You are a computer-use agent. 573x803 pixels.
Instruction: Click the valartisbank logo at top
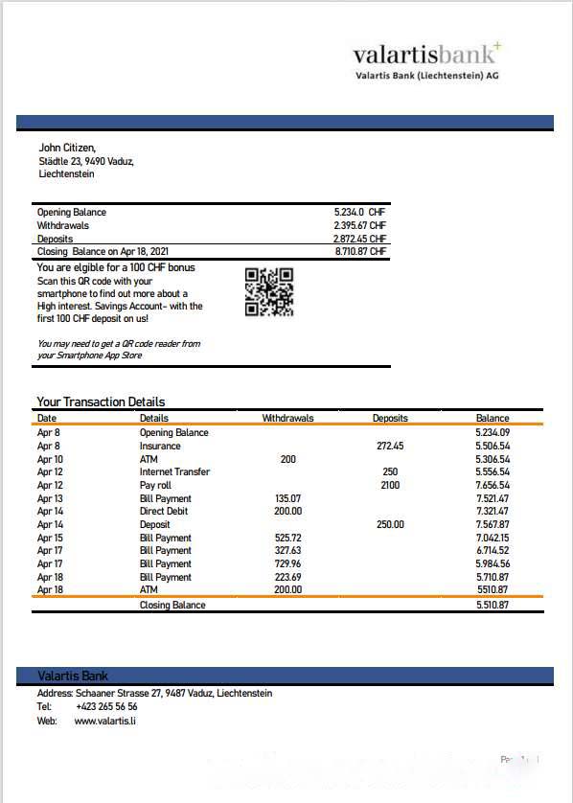426,59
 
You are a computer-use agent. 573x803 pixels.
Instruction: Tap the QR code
268,292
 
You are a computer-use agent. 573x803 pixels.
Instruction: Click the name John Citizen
67,148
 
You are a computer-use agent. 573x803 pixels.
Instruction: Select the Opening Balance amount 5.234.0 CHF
359,212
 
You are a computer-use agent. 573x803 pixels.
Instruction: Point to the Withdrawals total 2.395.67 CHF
359,225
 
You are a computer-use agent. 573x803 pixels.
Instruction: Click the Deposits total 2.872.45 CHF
359,239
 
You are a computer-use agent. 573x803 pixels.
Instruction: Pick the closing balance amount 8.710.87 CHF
359,251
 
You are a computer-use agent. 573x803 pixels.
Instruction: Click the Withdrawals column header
287,418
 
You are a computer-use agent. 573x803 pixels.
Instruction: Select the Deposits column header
390,418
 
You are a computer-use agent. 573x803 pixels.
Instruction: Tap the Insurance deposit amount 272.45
390,446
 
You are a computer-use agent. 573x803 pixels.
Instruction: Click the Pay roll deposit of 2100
390,485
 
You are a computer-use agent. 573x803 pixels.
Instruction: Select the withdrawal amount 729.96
287,563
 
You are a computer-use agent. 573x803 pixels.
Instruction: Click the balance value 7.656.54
492,485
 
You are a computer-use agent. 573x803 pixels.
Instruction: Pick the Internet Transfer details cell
174,471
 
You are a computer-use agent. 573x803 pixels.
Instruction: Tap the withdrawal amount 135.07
287,498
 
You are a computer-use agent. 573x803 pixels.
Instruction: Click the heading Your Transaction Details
101,402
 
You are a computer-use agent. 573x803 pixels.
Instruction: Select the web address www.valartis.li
104,720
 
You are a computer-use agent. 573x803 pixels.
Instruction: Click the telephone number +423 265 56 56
106,706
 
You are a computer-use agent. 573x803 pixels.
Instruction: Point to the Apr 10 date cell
50,459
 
